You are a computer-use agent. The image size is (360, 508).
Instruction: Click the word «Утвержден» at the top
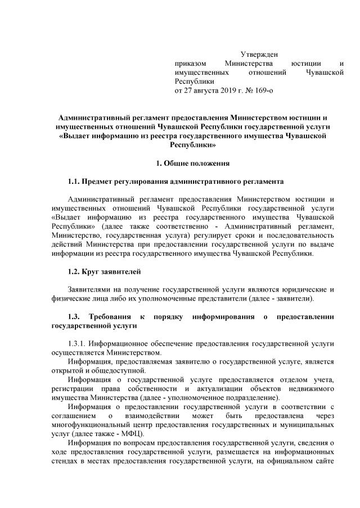coord(259,54)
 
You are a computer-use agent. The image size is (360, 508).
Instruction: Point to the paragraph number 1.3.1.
coord(78,342)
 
